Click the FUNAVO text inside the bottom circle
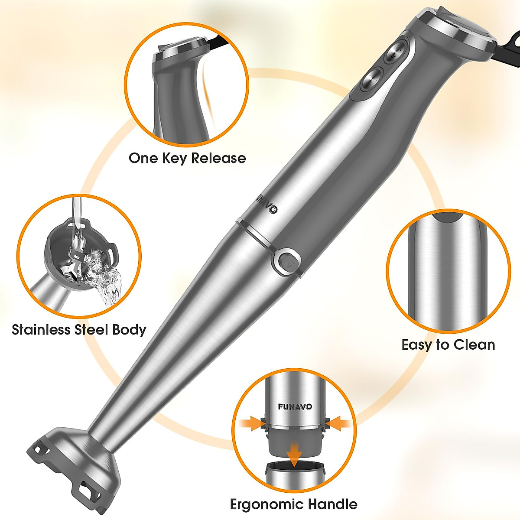[x=295, y=407]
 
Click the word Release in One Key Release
[x=218, y=158]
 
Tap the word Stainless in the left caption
[x=42, y=330]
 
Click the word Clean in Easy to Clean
[x=472, y=345]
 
